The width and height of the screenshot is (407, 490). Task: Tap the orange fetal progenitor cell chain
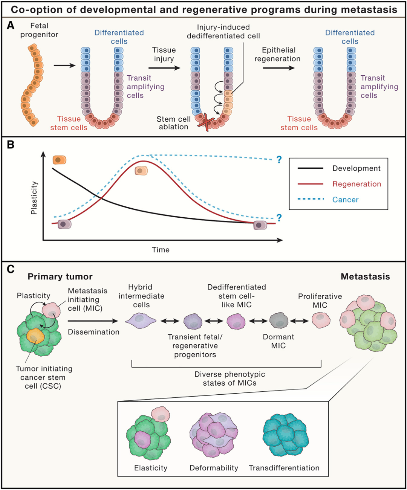point(32,84)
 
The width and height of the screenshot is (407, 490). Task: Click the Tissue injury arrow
point(164,68)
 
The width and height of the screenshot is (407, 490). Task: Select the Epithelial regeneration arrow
point(278,68)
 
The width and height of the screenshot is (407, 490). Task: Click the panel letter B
point(11,145)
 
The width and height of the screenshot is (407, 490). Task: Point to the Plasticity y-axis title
point(34,198)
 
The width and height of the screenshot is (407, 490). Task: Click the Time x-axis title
point(161,250)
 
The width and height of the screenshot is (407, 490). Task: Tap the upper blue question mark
point(279,160)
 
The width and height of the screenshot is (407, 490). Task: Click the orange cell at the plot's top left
point(60,160)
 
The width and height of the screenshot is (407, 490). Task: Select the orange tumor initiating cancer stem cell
point(35,337)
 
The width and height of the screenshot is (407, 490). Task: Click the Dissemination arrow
point(93,321)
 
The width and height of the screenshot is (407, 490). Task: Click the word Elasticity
point(151,468)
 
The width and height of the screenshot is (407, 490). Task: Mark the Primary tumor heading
point(60,277)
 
